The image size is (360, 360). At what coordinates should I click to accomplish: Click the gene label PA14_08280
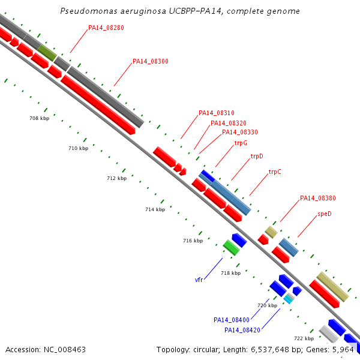tap(106, 28)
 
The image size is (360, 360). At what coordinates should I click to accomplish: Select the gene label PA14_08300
tap(151, 61)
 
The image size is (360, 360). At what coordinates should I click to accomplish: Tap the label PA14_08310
tap(216, 113)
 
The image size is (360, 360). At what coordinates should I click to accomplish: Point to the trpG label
tap(241, 143)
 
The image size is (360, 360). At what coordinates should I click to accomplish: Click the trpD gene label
tap(257, 157)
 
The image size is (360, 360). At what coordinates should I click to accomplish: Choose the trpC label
tap(275, 172)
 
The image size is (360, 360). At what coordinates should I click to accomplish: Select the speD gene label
tap(325, 214)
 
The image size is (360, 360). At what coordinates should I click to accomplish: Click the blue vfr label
tap(199, 280)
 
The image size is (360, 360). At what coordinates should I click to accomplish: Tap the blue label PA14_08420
tap(242, 330)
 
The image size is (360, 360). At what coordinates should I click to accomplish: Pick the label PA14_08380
tap(318, 198)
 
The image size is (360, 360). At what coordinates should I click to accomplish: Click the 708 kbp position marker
tap(39, 118)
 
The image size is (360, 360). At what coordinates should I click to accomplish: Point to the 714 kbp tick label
tap(155, 209)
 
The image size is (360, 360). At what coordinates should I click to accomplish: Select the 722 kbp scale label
tap(304, 338)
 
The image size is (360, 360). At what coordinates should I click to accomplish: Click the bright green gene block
tap(231, 247)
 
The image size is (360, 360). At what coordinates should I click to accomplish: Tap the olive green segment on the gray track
tap(47, 53)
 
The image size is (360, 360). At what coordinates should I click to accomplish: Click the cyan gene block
tap(288, 299)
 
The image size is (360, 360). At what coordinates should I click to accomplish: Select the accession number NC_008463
tap(65, 350)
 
